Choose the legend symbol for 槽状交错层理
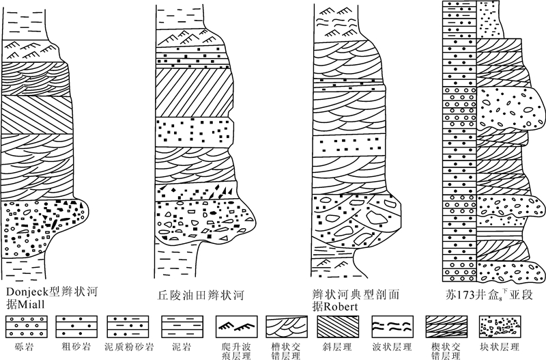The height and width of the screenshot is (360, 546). pyautogui.click(x=287, y=324)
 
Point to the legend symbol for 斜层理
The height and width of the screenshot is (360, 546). pyautogui.click(x=339, y=324)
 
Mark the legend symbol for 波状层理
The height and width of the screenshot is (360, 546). pyautogui.click(x=391, y=324)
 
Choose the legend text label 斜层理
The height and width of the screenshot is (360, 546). pyautogui.click(x=339, y=345)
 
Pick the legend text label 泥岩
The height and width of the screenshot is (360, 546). pyautogui.click(x=179, y=345)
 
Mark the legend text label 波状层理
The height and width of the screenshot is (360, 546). pyautogui.click(x=390, y=345)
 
